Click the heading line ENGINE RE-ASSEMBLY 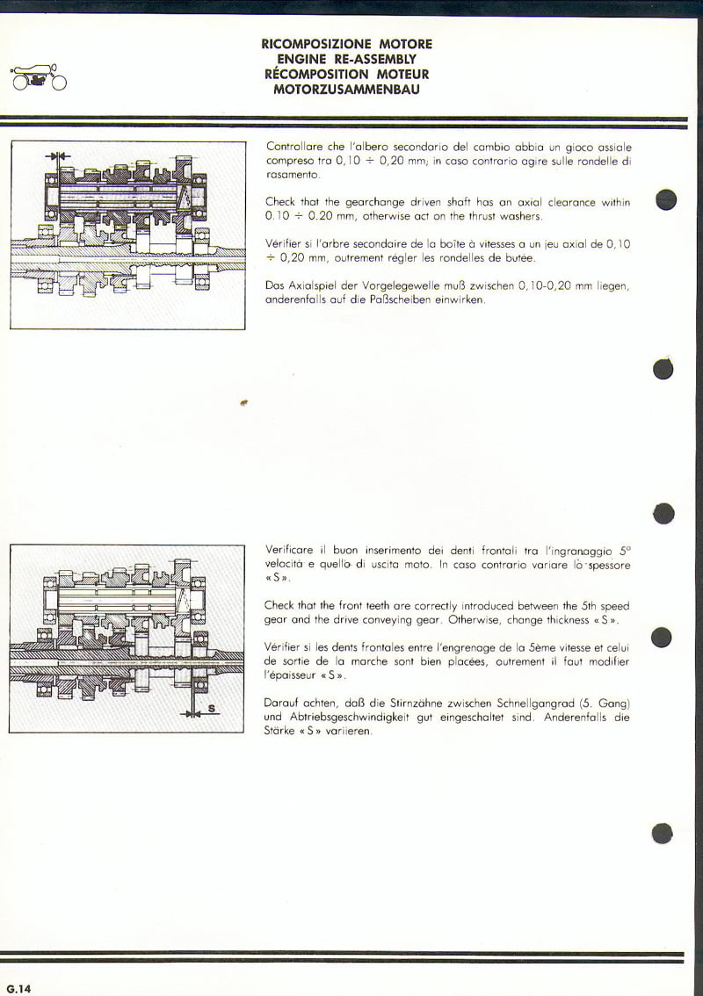click(x=346, y=59)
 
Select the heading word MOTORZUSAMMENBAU click(x=346, y=89)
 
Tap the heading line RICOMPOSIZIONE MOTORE click(x=346, y=44)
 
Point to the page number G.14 click(x=18, y=989)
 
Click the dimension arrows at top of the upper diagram click(x=57, y=156)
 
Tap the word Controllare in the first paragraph click(x=293, y=148)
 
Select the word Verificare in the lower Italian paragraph click(x=291, y=550)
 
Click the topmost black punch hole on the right click(x=666, y=199)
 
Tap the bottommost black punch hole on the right click(x=663, y=833)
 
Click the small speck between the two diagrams click(x=243, y=403)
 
